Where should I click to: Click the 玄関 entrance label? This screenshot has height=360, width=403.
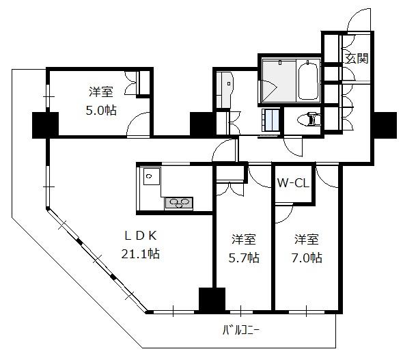[x=357, y=58]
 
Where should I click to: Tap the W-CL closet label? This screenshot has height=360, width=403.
[x=293, y=184]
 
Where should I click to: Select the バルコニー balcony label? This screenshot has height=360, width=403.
[x=241, y=330]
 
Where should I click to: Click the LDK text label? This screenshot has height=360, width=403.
[x=141, y=236]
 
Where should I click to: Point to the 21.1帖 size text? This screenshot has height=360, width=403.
[x=141, y=254]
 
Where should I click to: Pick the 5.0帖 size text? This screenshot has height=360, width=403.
[x=101, y=111]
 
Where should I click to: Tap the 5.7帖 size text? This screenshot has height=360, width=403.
[x=244, y=258]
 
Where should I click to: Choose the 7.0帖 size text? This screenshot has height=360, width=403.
[x=307, y=258]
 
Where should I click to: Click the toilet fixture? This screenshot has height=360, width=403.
[x=309, y=120]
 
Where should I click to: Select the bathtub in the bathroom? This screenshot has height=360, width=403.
[x=308, y=80]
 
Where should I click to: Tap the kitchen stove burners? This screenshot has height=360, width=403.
[x=179, y=202]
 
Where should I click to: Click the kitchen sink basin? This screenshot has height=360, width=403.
[x=152, y=176]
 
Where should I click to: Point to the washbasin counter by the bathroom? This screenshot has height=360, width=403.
[x=224, y=89]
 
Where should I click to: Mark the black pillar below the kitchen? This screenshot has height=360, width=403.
[x=212, y=301]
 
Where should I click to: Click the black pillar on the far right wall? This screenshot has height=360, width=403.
[x=385, y=125]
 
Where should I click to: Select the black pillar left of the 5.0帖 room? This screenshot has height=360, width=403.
[x=45, y=125]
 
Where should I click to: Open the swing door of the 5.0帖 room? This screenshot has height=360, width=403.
[x=138, y=124]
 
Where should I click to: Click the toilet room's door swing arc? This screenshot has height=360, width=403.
[x=293, y=148]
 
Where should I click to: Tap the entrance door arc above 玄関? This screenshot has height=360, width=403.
[x=359, y=20]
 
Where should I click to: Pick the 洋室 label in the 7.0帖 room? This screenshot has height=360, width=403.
[x=307, y=240]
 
